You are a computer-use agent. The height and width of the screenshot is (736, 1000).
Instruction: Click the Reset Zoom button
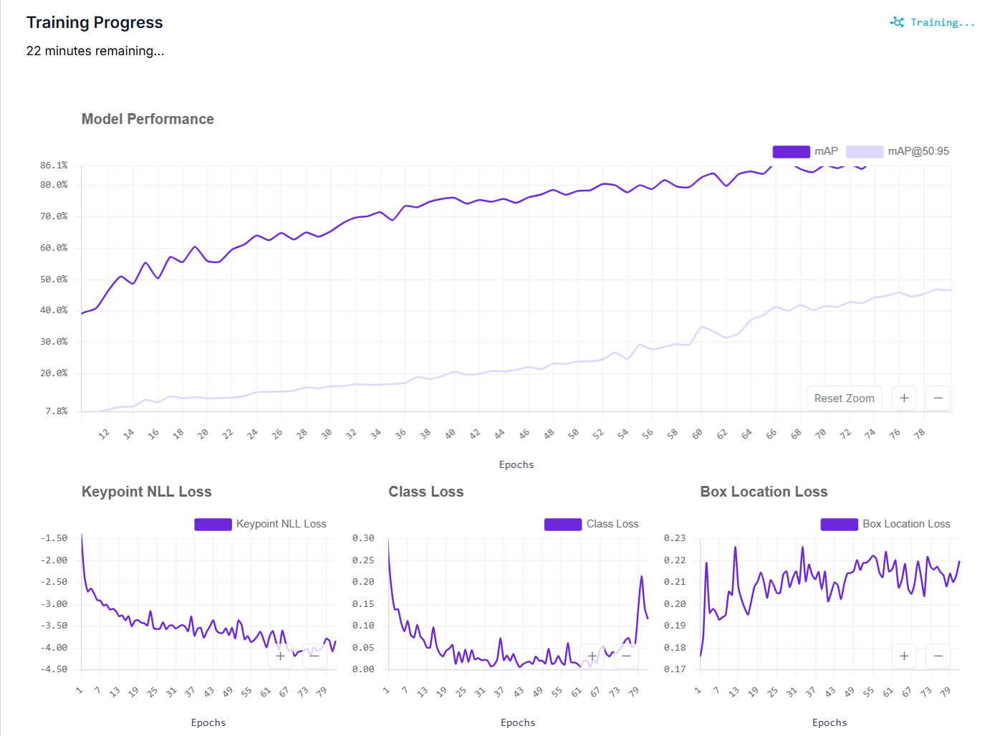844,398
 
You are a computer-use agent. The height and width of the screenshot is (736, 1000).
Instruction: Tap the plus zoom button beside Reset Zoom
904,398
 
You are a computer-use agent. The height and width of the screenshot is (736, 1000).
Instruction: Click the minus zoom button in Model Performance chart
938,398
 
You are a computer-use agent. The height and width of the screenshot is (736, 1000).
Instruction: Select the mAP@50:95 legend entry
898,151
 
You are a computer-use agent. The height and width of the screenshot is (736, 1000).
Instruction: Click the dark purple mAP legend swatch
791,152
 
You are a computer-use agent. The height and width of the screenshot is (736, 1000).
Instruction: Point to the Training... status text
943,22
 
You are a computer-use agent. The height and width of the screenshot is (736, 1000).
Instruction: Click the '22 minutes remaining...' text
95,51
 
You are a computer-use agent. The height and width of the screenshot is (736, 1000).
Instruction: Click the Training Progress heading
95,22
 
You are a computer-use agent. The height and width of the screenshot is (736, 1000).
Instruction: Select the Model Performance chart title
148,119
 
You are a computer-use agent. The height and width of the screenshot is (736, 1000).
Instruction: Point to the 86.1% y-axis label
54,166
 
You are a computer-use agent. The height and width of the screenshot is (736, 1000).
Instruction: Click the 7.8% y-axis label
57,411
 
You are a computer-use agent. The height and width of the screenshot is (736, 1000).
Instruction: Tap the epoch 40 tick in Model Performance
450,433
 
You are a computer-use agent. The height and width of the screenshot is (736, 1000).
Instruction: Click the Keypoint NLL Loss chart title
146,491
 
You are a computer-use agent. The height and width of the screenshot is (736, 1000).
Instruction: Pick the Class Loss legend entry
592,524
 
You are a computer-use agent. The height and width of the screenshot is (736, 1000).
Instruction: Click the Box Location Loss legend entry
885,524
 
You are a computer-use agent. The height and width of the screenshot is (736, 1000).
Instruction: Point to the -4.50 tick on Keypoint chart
54,669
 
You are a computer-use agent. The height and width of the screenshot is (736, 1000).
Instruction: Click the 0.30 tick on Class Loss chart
363,537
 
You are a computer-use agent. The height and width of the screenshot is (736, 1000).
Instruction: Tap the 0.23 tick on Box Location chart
675,537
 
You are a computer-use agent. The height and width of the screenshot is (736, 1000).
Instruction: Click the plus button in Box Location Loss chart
904,656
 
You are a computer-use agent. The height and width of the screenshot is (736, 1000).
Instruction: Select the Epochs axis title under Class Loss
518,722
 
